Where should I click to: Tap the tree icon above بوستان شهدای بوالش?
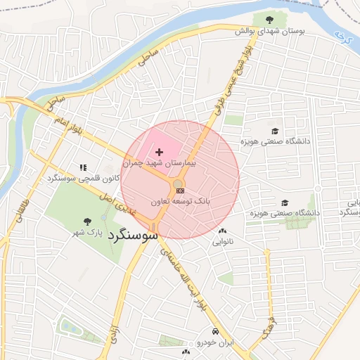point(271,19)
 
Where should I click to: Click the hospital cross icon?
point(160,152)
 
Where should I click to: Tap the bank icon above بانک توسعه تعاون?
point(181,190)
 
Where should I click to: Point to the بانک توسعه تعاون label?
point(179,201)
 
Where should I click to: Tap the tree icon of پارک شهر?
point(87,221)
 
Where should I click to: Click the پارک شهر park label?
point(89,232)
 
